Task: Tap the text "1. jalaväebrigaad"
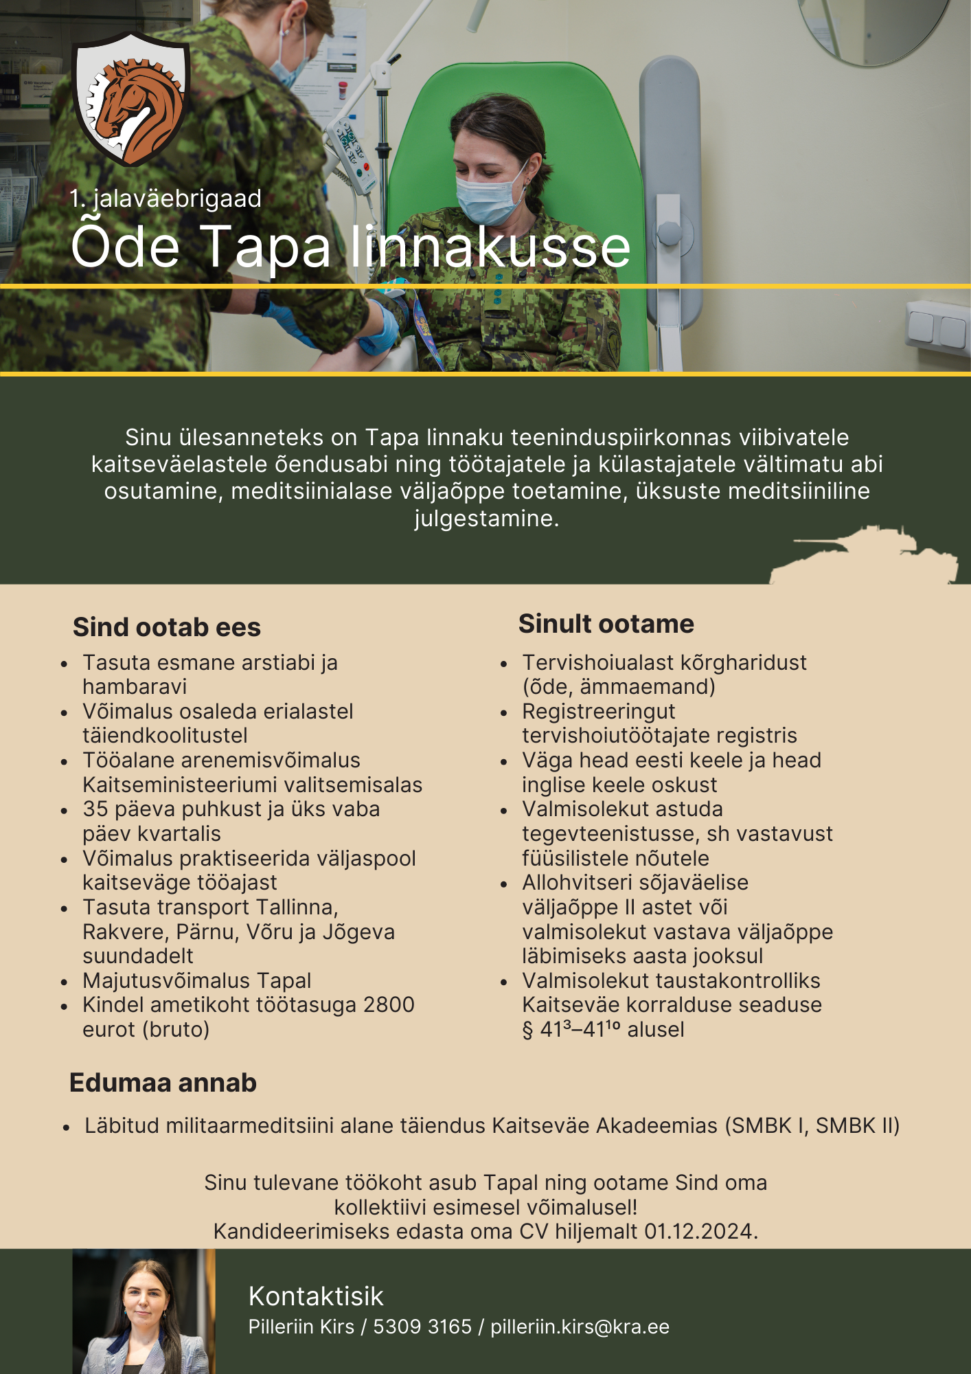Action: (165, 199)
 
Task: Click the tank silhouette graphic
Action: (864, 555)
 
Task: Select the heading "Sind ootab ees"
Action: (167, 627)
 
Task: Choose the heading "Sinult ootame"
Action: (606, 624)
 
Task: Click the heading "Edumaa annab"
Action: (163, 1083)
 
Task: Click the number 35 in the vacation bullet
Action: (95, 809)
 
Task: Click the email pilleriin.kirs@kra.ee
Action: (580, 1327)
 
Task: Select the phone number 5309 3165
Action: (422, 1327)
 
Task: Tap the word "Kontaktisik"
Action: (316, 1296)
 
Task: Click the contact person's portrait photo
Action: (144, 1311)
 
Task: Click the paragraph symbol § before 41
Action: (527, 1030)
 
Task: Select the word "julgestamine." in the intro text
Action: (487, 518)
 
